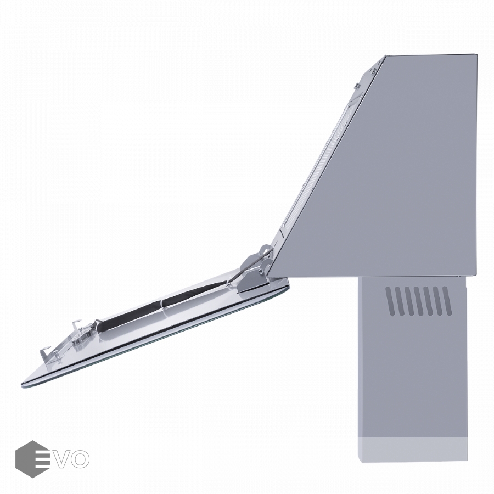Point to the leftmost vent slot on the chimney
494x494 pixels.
click(x=391, y=301)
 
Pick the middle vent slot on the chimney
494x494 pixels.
click(x=419, y=301)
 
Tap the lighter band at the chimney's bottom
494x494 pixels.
click(x=413, y=450)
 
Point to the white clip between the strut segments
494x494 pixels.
click(x=162, y=305)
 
